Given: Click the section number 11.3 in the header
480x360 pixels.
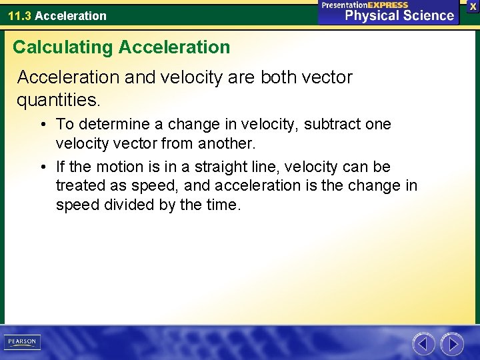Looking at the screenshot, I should click(19, 15).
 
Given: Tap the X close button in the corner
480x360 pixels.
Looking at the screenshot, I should click(473, 6).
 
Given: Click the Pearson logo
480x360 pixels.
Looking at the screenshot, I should click(22, 342).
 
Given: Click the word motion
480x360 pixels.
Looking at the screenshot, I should click(121, 167).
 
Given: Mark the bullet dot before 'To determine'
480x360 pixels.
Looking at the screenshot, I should click(42, 125).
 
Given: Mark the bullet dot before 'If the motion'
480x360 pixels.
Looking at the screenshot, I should click(42, 167).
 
